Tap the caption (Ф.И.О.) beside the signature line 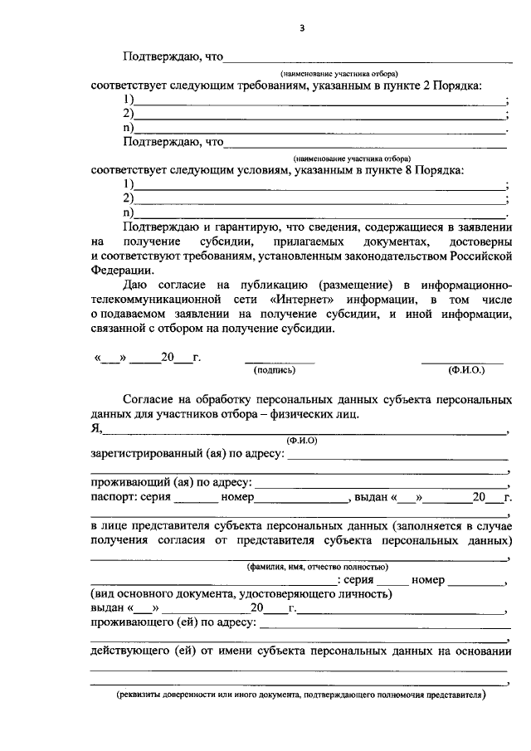463,371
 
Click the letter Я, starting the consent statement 96,428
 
